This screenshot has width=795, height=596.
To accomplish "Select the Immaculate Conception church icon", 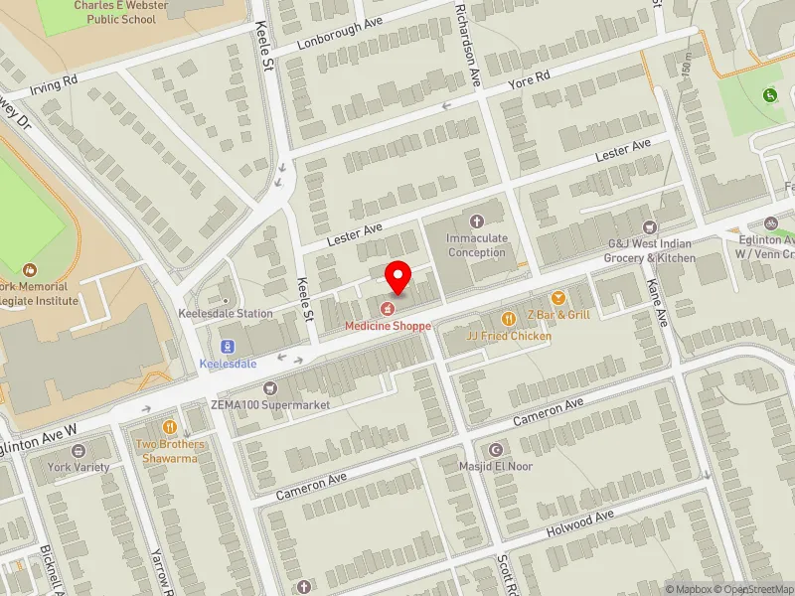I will click(x=477, y=222).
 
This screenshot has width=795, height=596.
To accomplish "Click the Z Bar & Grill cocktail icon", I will click(x=557, y=298).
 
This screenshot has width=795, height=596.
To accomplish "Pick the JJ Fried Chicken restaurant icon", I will click(x=509, y=319).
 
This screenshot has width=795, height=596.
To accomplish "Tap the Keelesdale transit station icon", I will click(x=229, y=347).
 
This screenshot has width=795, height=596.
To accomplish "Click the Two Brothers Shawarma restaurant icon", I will click(x=168, y=426).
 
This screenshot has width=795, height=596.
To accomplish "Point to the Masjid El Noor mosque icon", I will click(x=498, y=449).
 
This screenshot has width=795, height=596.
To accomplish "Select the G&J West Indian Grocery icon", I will click(x=651, y=227).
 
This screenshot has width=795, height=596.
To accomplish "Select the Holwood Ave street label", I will click(x=580, y=524).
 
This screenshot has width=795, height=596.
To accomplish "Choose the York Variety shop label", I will click(x=74, y=466).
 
